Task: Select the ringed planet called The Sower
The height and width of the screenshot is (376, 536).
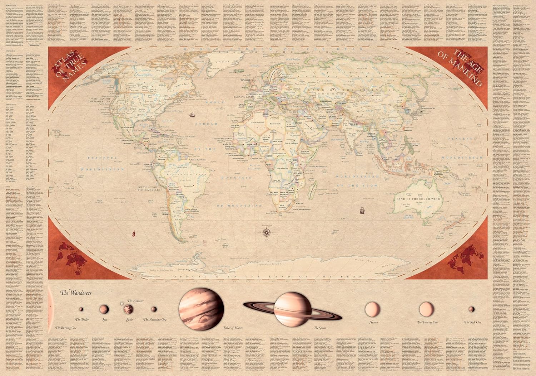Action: [293, 309]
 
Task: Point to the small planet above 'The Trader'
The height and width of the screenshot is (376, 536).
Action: [81, 309]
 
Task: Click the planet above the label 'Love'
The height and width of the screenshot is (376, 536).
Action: [104, 308]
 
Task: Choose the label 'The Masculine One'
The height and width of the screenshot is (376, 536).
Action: [155, 319]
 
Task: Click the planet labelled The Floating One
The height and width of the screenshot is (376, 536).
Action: [426, 309]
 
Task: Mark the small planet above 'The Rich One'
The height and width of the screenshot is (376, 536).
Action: [472, 309]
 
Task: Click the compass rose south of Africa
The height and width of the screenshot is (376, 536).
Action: [266, 233]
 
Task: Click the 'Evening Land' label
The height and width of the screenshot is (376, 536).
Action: [244, 97]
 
